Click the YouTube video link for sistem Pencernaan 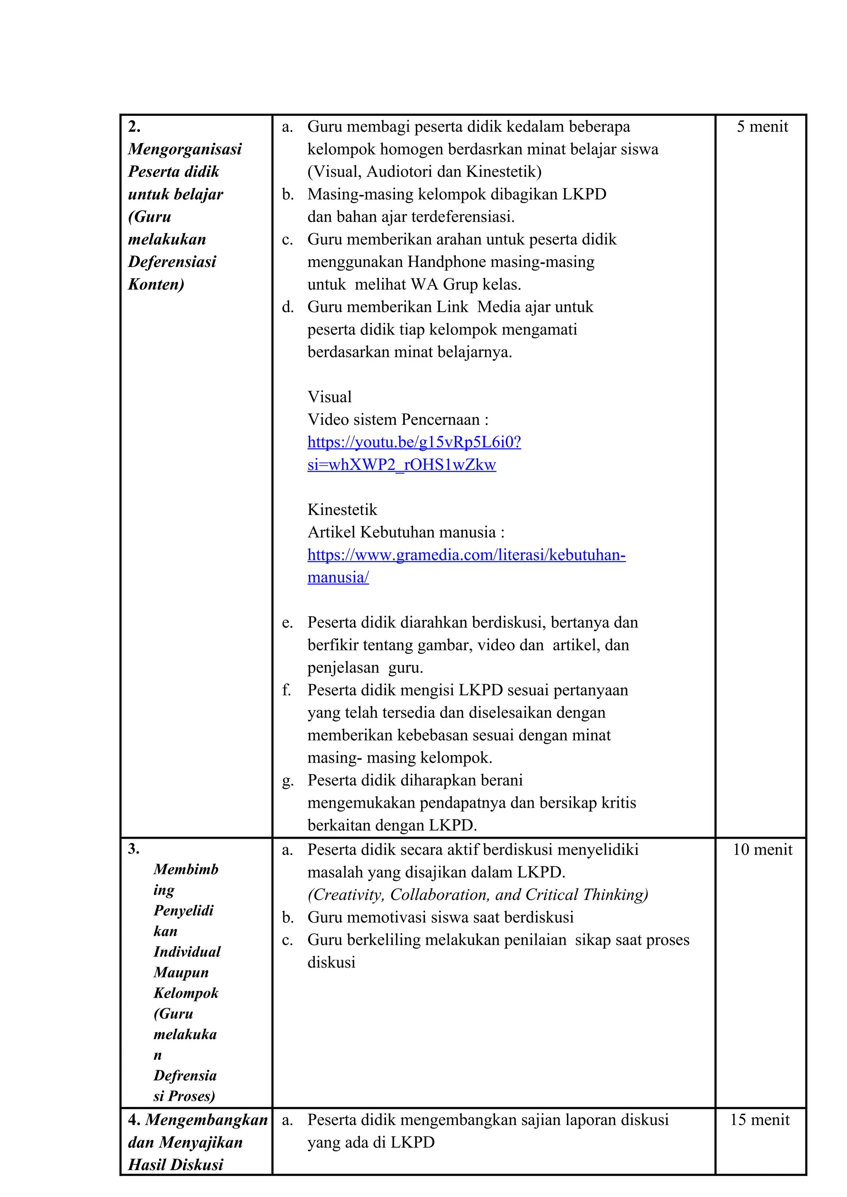coord(414,442)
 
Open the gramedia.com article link coord(466,555)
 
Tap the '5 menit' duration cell coord(762,127)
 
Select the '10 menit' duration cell coord(762,850)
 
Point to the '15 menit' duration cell coord(759,1120)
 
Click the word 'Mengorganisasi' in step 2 coord(184,150)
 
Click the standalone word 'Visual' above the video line coord(330,397)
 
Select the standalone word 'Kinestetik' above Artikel coord(342,510)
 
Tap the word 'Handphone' coord(445,262)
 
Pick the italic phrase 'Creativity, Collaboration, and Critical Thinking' coord(478,895)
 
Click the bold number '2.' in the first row coord(134,127)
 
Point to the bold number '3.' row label coord(134,849)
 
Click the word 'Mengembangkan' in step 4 coord(206,1120)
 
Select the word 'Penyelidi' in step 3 coord(184,911)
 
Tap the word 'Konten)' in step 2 coord(156,285)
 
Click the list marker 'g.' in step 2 coord(287,781)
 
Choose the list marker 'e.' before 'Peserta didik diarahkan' coord(287,623)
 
